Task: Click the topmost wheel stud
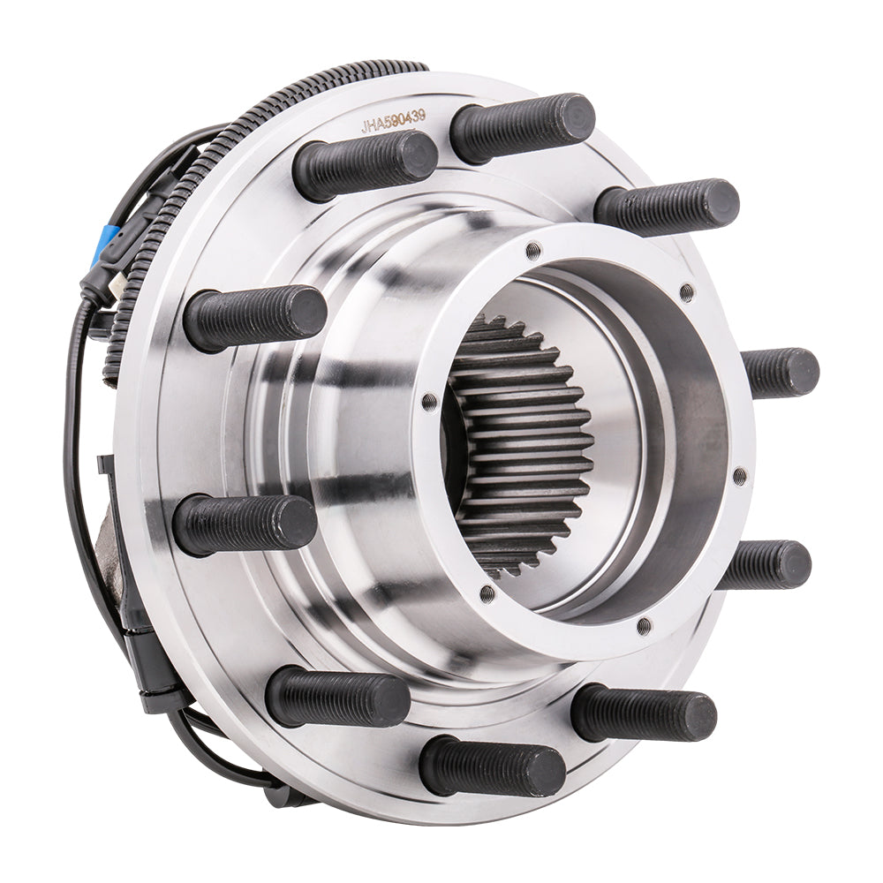coord(523,126)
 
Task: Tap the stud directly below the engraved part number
coord(366,164)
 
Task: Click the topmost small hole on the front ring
coord(532,251)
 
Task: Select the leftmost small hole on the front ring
coord(429,402)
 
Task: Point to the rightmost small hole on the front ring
coord(739,476)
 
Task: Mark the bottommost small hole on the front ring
coord(644,626)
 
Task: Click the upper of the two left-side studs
coord(256,316)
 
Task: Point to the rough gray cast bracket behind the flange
coord(115,547)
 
